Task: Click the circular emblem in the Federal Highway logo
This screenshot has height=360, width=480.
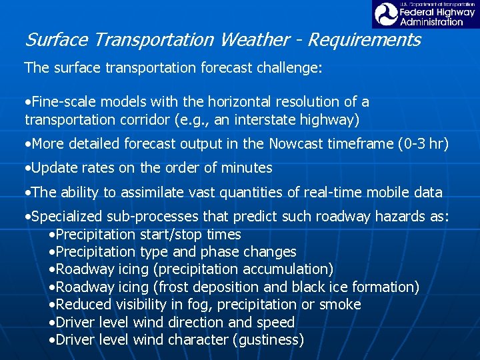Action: pyautogui.click(x=385, y=14)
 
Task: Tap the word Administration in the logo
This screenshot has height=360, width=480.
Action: pyautogui.click(x=431, y=21)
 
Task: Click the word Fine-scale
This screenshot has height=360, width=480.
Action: pyautogui.click(x=63, y=102)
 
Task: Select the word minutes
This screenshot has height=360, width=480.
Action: pyautogui.click(x=247, y=168)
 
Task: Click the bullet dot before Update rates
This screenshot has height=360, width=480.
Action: pyautogui.click(x=27, y=168)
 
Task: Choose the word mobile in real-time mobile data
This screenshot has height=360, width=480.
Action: pyautogui.click(x=377, y=193)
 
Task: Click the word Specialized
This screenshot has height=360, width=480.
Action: pyautogui.click(x=65, y=217)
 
